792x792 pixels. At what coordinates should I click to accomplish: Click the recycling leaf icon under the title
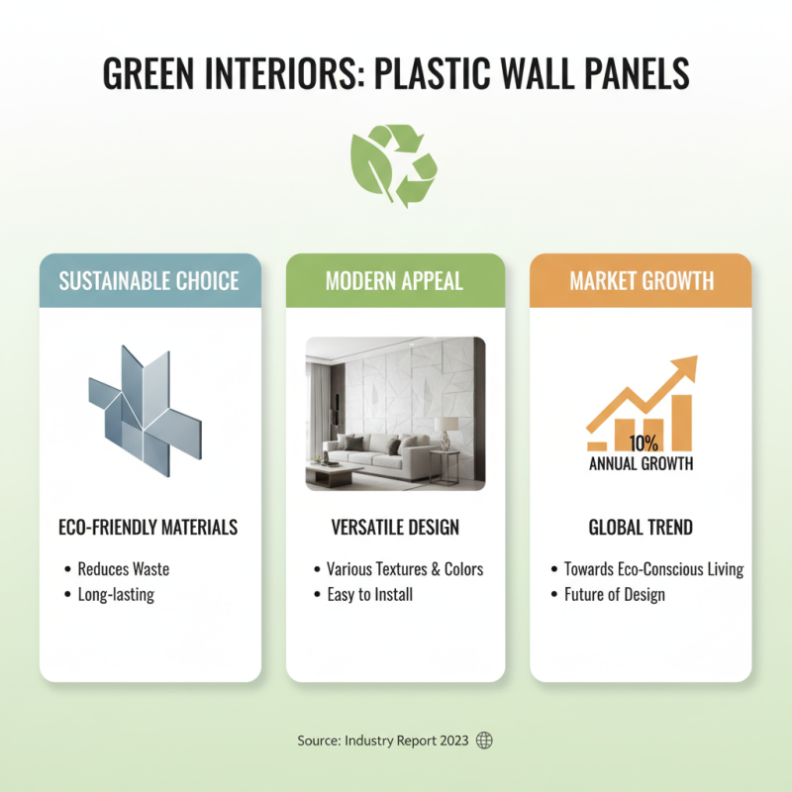(x=393, y=164)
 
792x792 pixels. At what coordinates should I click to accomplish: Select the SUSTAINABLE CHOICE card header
(x=149, y=281)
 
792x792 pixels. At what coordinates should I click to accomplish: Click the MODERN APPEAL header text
(x=394, y=281)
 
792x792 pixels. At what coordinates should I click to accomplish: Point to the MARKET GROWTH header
(x=641, y=281)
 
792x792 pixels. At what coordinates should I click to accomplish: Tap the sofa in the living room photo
(x=369, y=456)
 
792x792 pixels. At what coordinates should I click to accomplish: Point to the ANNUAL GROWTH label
(x=641, y=463)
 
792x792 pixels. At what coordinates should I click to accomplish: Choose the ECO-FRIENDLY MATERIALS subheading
(x=148, y=528)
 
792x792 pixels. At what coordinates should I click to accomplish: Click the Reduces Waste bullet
(x=123, y=569)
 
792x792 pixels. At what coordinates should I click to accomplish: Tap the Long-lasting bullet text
(x=116, y=595)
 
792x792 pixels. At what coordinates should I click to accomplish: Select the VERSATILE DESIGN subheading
(x=395, y=528)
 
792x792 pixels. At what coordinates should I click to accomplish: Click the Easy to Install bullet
(x=369, y=595)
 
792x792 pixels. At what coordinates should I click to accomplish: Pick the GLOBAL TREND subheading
(x=641, y=528)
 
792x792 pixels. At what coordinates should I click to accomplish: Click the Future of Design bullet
(x=614, y=595)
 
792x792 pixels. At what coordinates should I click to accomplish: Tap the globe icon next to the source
(x=484, y=741)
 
